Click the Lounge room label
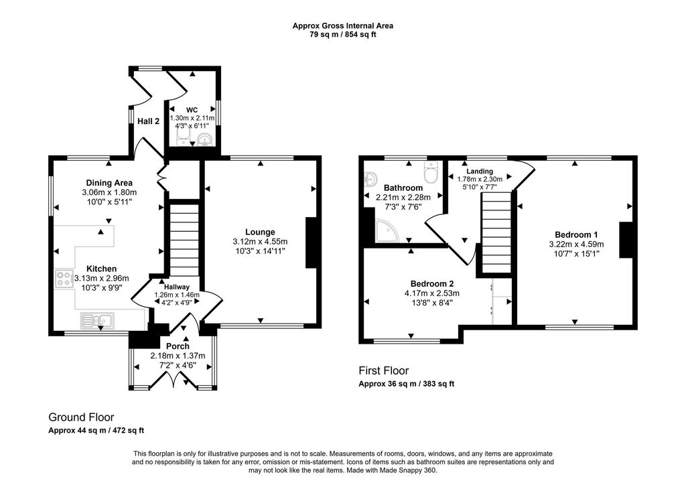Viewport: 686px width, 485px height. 259,232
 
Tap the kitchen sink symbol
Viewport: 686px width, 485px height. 98,321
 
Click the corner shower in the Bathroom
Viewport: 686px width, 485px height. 387,232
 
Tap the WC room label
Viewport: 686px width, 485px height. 192,109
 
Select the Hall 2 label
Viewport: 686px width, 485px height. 148,121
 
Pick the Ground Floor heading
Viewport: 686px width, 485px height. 81,417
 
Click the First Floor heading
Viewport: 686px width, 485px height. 383,370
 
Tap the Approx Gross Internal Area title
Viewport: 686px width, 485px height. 342,26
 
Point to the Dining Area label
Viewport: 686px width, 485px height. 109,183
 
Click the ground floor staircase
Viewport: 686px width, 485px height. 184,238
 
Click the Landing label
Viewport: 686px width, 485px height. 480,171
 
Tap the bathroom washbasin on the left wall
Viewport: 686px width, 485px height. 370,179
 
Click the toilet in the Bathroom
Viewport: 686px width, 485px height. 431,171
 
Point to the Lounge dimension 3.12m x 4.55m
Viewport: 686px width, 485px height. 260,242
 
